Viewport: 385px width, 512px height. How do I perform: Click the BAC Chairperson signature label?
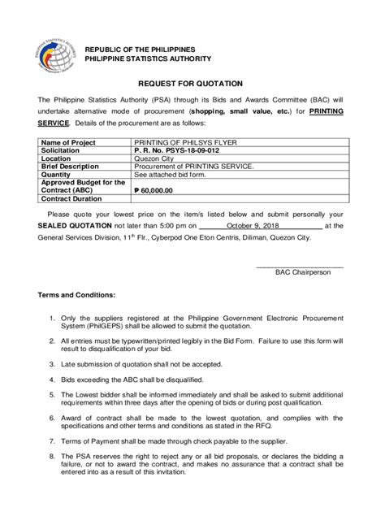click(x=302, y=272)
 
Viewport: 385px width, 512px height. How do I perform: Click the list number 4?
click(x=52, y=379)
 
